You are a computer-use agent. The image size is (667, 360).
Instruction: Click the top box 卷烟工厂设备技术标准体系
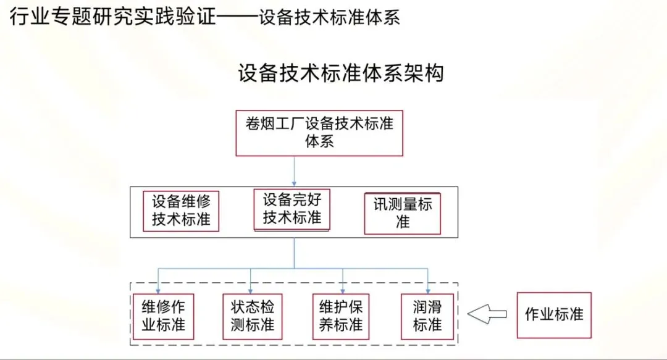[319, 132]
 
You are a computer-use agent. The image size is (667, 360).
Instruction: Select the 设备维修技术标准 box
[181, 210]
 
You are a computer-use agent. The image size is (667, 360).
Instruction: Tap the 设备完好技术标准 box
[292, 209]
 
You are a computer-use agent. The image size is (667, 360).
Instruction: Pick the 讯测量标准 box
[402, 214]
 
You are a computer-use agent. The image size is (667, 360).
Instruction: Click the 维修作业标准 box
[163, 316]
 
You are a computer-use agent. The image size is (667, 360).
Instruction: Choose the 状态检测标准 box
[252, 316]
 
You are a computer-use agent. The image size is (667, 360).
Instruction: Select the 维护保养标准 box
[340, 316]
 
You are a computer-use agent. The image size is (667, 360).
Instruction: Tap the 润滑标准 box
[427, 316]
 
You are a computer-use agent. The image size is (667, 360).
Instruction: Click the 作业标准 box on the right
[553, 314]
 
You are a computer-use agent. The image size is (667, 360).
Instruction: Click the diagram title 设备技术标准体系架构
[340, 73]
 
